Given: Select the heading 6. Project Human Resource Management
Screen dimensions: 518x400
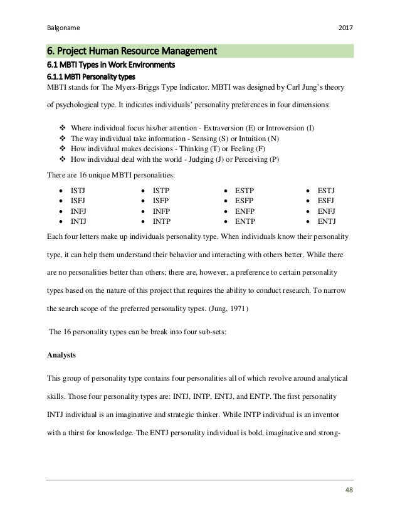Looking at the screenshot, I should click(x=131, y=50).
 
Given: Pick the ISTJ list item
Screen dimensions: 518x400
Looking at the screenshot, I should click(x=78, y=189).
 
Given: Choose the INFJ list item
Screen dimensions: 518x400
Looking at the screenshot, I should click(x=78, y=210).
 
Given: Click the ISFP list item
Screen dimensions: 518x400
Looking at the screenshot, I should click(x=161, y=199).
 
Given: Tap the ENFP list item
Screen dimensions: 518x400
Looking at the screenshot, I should click(x=244, y=210).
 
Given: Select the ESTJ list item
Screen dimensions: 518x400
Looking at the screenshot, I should click(x=327, y=189).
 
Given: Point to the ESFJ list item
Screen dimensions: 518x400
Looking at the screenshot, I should click(x=327, y=199).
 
